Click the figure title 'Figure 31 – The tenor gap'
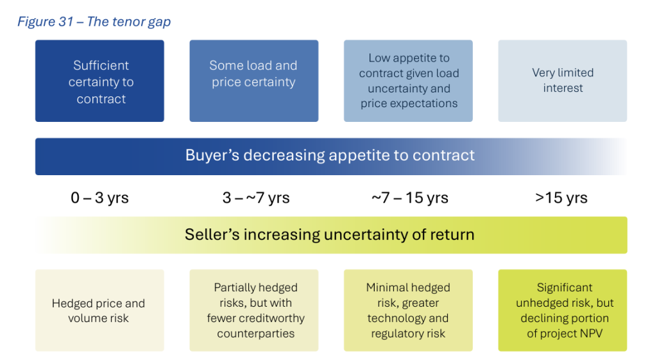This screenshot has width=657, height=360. tap(94, 22)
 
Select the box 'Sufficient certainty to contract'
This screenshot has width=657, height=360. tap(99, 81)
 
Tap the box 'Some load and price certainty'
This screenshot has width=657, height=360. tap(254, 81)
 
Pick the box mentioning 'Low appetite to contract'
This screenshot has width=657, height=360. tap(408, 81)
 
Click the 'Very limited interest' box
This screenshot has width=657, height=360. tap(562, 81)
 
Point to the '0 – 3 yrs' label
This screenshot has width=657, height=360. tap(99, 198)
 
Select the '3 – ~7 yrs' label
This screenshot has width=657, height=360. tap(255, 198)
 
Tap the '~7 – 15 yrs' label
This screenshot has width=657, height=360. tap(410, 198)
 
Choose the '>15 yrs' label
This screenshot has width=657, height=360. tap(561, 198)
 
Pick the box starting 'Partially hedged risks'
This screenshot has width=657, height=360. tap(254, 310)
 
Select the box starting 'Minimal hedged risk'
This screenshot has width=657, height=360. tap(408, 310)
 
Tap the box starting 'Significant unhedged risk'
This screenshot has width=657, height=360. tap(562, 310)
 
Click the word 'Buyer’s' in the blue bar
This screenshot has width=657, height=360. tap(212, 155)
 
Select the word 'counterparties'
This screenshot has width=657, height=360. tap(255, 334)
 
